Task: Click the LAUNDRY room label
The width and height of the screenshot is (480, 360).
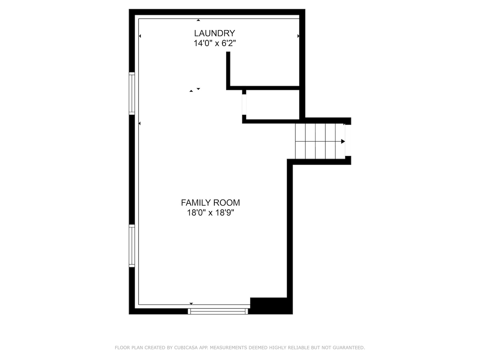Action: pos(214,33)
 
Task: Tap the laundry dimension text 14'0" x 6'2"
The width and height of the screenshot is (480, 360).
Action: pos(215,43)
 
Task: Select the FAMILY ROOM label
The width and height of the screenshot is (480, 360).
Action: pos(210,202)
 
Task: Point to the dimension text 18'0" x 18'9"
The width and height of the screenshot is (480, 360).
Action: pos(210,213)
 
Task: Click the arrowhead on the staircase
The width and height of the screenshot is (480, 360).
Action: pos(343,141)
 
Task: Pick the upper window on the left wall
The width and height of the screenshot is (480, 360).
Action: pos(132,94)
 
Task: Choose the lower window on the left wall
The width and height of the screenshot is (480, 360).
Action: pos(132,246)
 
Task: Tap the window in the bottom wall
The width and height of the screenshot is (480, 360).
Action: pos(218,311)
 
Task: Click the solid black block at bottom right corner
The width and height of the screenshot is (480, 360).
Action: pos(271,306)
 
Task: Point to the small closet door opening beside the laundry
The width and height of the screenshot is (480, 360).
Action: pos(244,105)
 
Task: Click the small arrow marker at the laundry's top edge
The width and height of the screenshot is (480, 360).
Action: pos(198,20)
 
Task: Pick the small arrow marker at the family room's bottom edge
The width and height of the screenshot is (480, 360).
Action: pos(191,303)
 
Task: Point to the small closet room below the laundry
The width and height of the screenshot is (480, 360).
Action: pos(273,105)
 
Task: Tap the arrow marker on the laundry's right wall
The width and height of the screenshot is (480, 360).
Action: pos(298,36)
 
